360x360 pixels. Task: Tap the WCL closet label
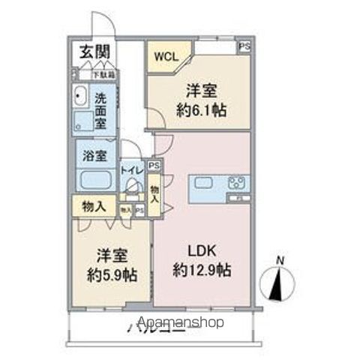(166, 55)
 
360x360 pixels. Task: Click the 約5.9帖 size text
(111, 274)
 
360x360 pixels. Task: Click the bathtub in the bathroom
(94, 181)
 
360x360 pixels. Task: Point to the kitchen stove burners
(237, 183)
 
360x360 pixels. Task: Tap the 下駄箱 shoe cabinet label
(103, 75)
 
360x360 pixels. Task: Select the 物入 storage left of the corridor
(92, 205)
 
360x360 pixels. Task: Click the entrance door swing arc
(100, 22)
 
